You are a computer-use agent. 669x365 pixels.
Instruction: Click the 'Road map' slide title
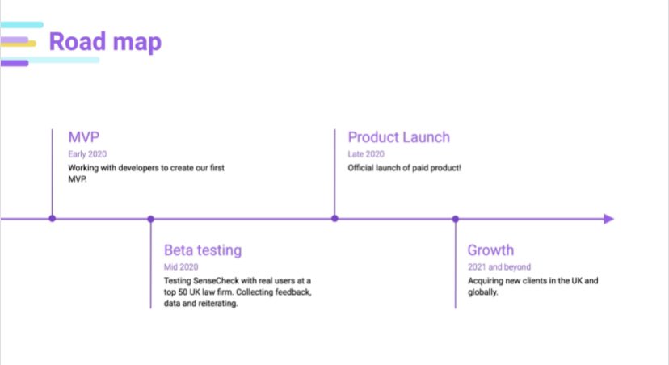pos(105,42)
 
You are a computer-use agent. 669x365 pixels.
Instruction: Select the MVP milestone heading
pos(84,137)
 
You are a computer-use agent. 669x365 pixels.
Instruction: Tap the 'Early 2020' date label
pos(87,153)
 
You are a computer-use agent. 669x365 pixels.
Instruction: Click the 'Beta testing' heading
pos(203,250)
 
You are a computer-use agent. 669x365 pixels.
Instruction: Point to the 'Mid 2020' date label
pos(181,266)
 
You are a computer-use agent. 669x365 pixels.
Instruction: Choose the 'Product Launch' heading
pos(398,137)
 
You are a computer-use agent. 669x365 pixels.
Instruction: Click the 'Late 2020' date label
pos(366,153)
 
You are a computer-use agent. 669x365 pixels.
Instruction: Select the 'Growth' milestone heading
pos(490,250)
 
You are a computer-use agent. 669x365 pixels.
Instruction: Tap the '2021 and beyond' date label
pos(499,266)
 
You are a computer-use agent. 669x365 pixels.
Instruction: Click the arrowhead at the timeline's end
pos(608,219)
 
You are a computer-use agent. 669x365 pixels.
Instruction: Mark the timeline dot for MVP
pos(53,219)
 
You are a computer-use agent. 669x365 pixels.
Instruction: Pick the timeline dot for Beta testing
pos(151,219)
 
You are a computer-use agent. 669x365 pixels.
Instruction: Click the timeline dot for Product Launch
pos(334,219)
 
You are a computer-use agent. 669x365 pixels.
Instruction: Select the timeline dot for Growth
pos(456,219)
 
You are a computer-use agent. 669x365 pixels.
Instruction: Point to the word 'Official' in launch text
pos(362,168)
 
